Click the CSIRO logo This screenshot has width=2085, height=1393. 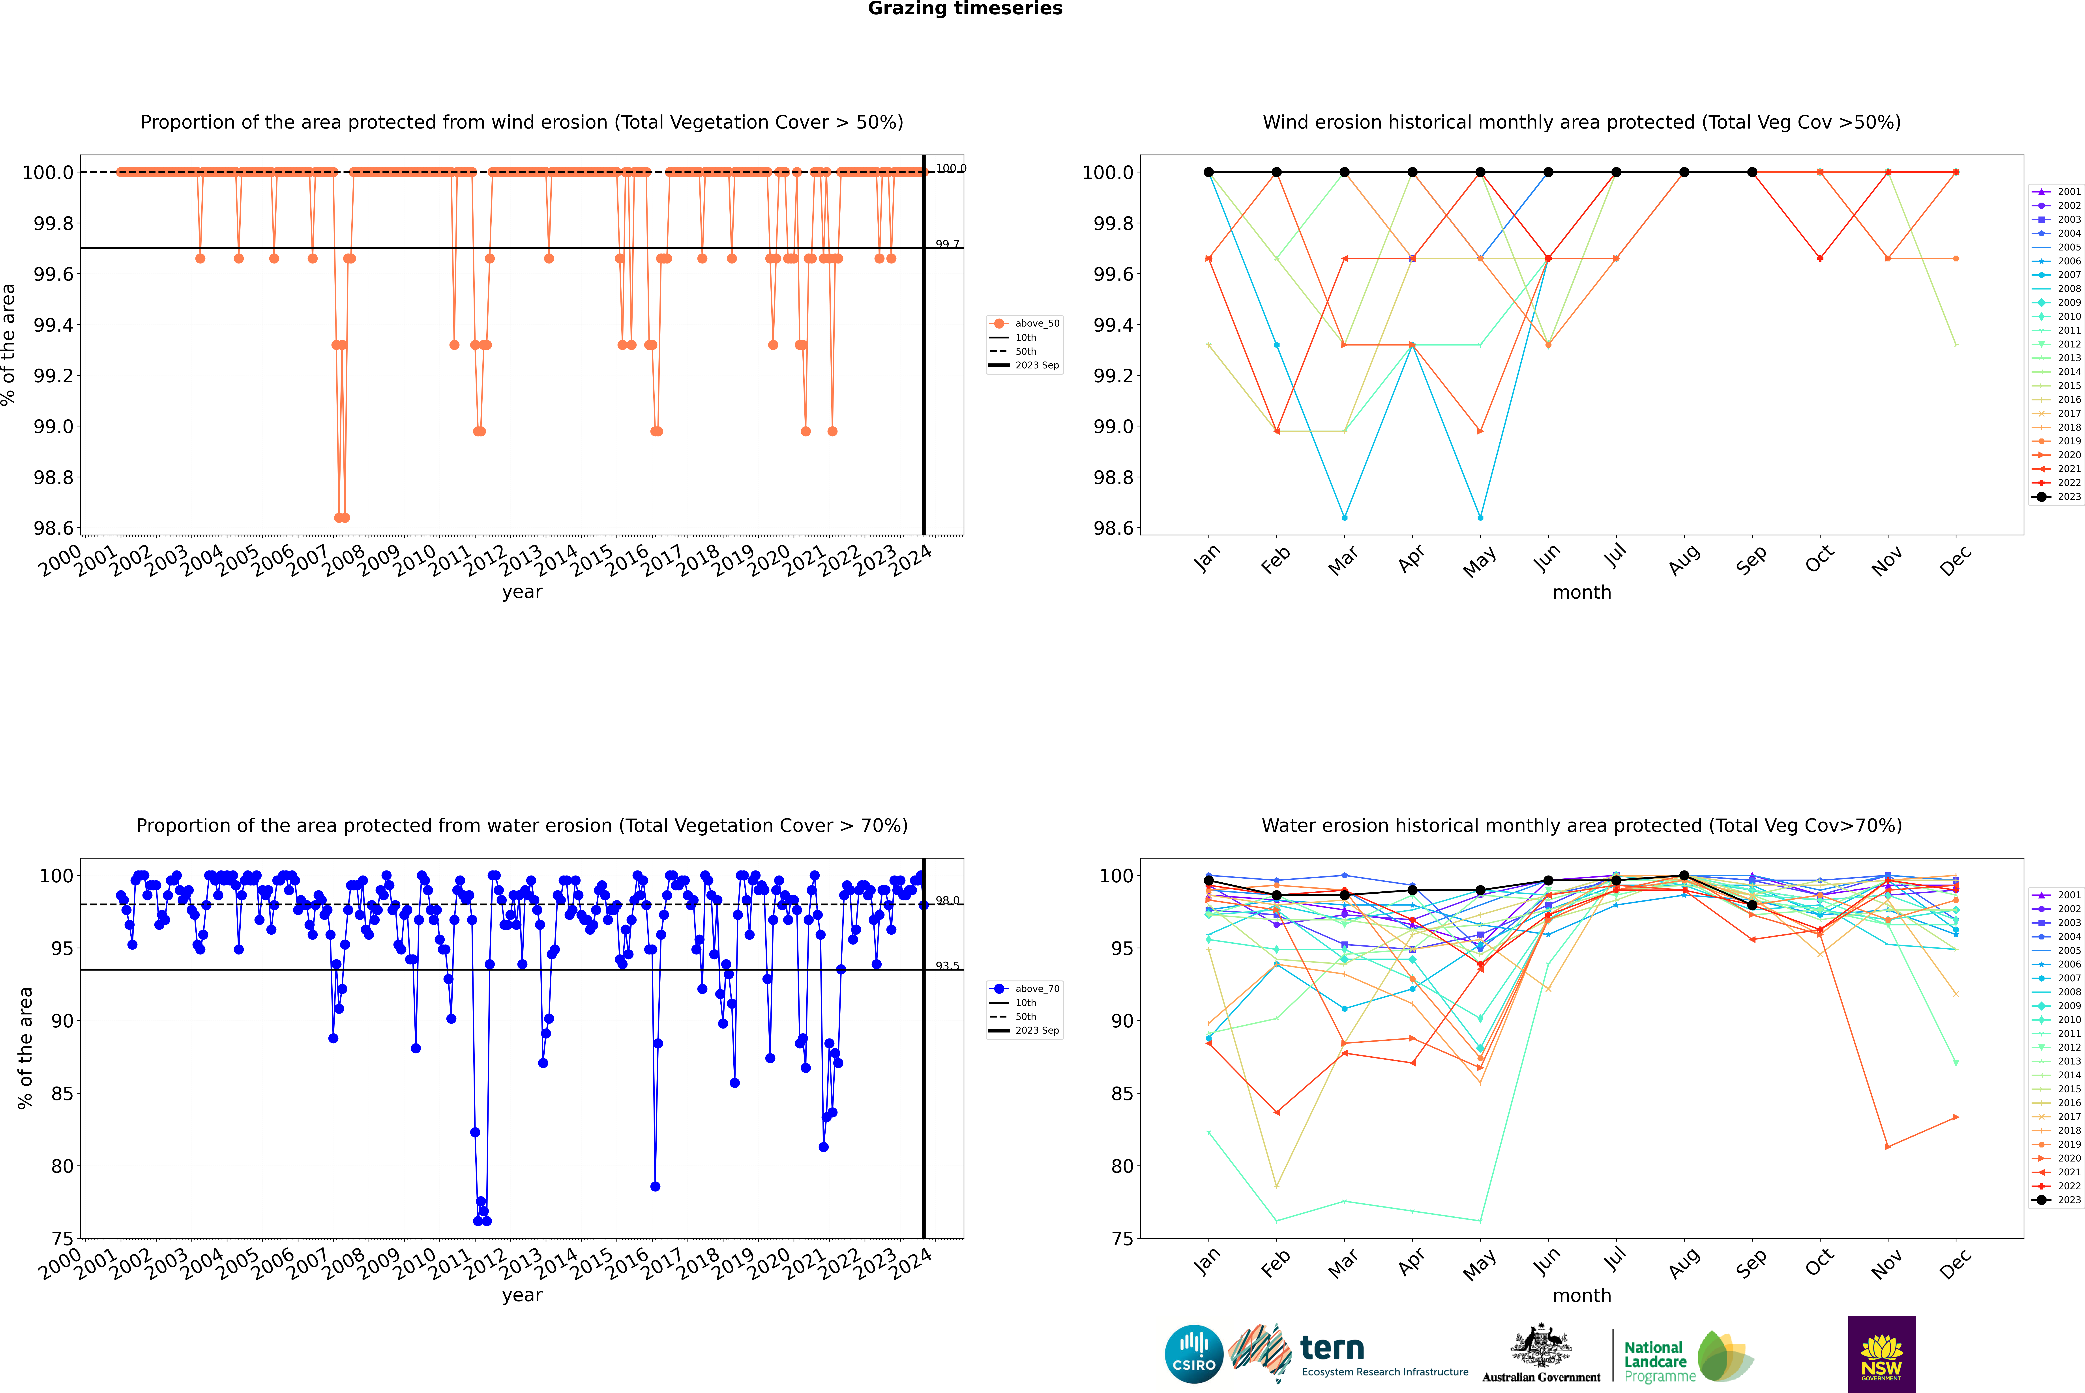[1194, 1354]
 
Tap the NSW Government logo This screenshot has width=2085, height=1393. [1881, 1354]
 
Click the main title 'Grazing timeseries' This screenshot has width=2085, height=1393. [965, 9]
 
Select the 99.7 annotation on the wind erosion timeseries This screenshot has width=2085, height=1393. [947, 244]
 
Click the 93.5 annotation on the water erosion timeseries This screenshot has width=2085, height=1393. [947, 966]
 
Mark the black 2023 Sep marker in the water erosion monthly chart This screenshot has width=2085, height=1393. [1752, 905]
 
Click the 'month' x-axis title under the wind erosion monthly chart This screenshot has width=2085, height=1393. [1581, 593]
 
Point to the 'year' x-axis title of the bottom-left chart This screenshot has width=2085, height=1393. [522, 1295]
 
